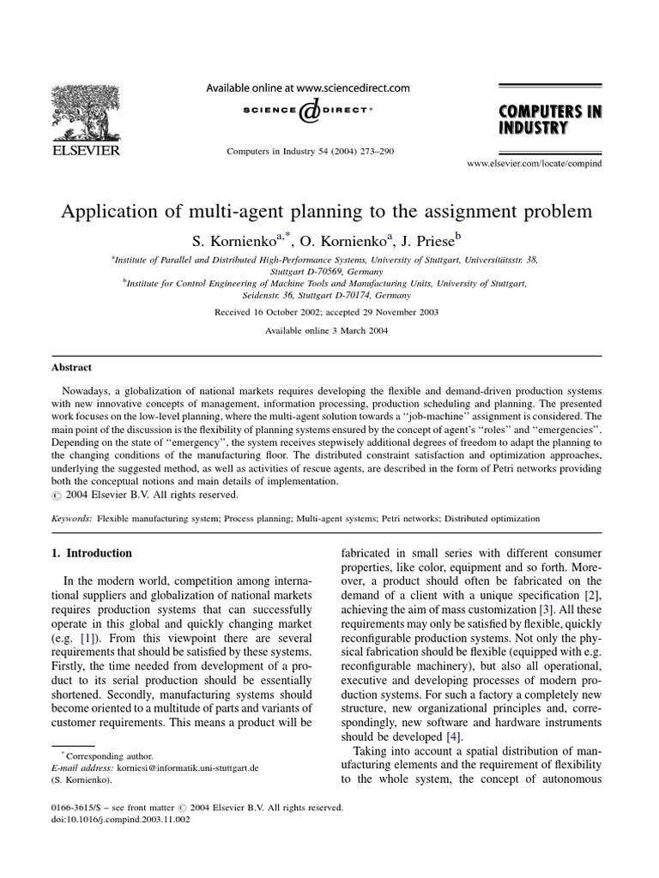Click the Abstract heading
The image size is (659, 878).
pos(70,367)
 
